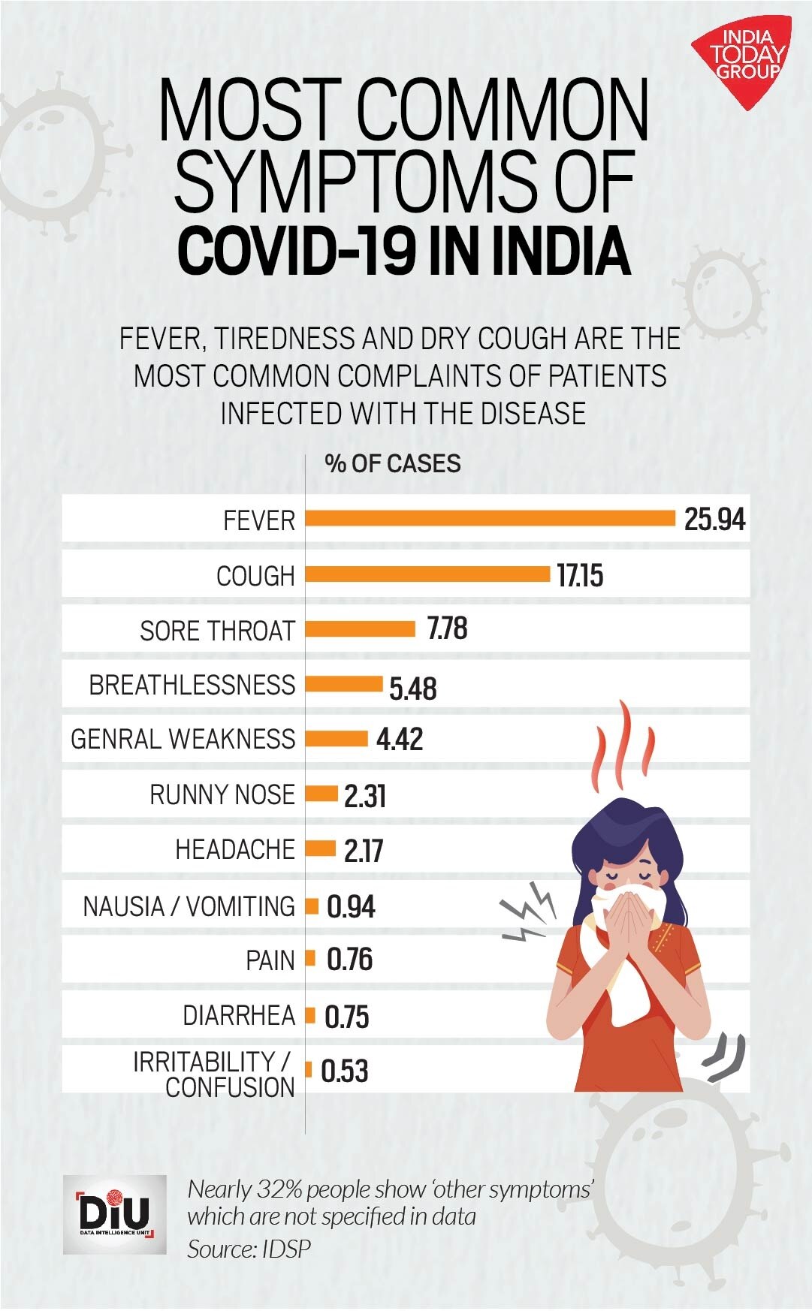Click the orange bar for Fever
490,518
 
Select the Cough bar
427,574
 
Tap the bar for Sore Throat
360,628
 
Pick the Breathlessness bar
344,684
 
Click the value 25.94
714,520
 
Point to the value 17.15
580,576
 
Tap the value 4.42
400,740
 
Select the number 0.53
345,1071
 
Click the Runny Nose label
222,794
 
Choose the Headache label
235,850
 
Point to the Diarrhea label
239,1016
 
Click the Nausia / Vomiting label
189,906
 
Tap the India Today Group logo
741,60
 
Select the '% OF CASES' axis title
393,463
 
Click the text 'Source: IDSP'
249,1249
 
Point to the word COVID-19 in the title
296,252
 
